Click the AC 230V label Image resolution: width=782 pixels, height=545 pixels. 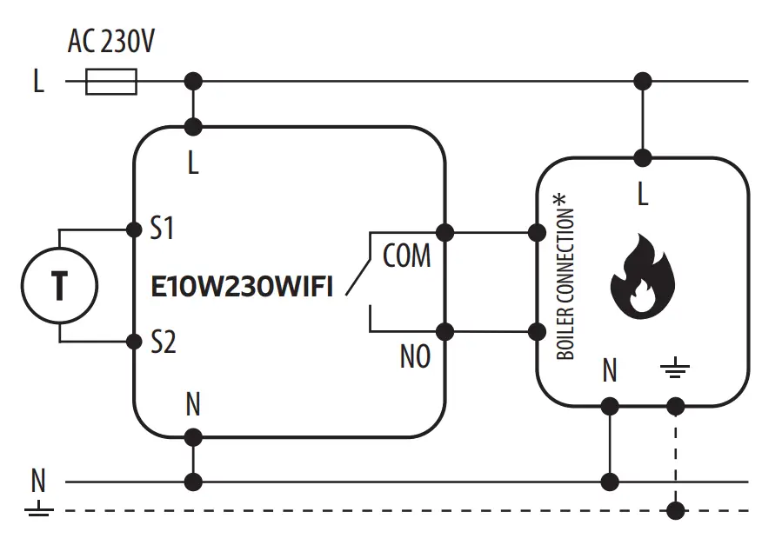tap(111, 41)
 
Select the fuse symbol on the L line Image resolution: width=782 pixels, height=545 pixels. tap(111, 83)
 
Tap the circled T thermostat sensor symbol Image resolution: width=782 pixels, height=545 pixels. tap(59, 284)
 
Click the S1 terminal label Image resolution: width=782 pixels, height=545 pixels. tap(163, 229)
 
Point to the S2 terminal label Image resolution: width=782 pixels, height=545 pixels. tap(163, 342)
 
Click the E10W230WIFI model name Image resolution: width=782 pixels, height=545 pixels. tap(242, 288)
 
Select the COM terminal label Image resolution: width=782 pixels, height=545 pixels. tap(406, 256)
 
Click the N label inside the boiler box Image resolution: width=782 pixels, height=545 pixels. tap(610, 371)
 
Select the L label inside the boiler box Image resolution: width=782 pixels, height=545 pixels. tap(643, 196)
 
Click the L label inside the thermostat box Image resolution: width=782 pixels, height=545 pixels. tap(193, 163)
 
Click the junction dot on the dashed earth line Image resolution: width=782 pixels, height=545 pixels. tap(675, 510)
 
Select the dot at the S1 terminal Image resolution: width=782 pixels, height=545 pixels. tap(134, 229)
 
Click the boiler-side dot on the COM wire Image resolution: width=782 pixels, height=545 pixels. tap(538, 232)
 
